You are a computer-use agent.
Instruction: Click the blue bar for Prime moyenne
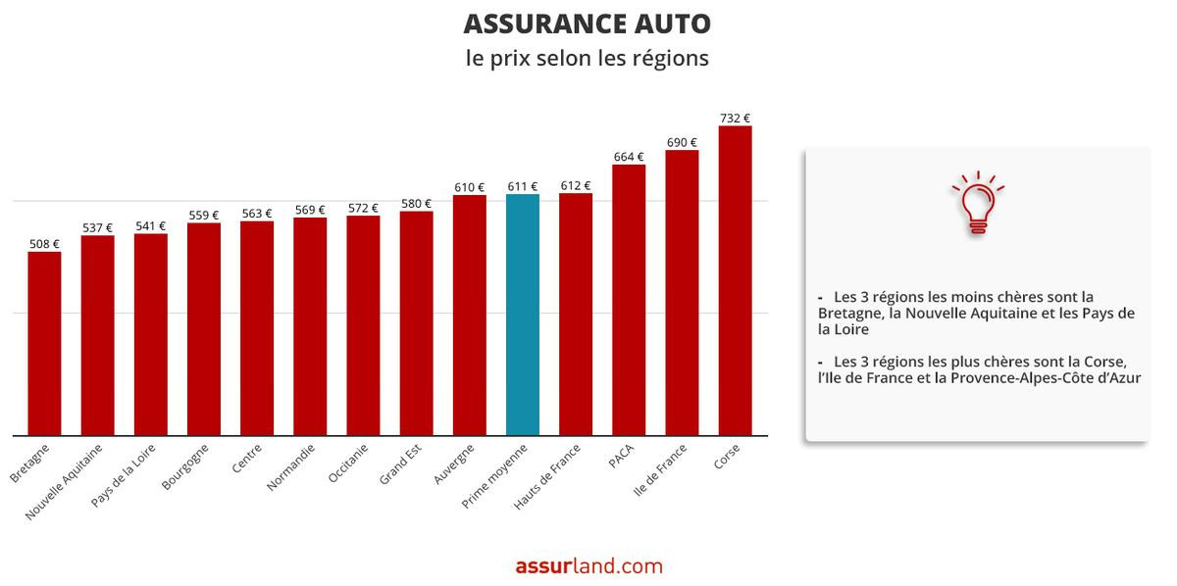(523, 315)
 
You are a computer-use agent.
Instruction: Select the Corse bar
(735, 280)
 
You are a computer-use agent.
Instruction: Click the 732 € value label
(735, 119)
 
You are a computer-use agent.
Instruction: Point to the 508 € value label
(44, 244)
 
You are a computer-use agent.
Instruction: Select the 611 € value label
(523, 186)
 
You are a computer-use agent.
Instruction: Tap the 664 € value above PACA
(629, 157)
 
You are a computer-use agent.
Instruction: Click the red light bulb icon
(977, 204)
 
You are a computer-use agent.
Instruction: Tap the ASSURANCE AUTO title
(588, 24)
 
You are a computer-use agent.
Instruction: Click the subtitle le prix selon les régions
(588, 58)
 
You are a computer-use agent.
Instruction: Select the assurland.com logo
(588, 566)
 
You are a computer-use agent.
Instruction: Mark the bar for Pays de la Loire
(151, 334)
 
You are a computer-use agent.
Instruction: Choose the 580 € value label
(416, 204)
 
